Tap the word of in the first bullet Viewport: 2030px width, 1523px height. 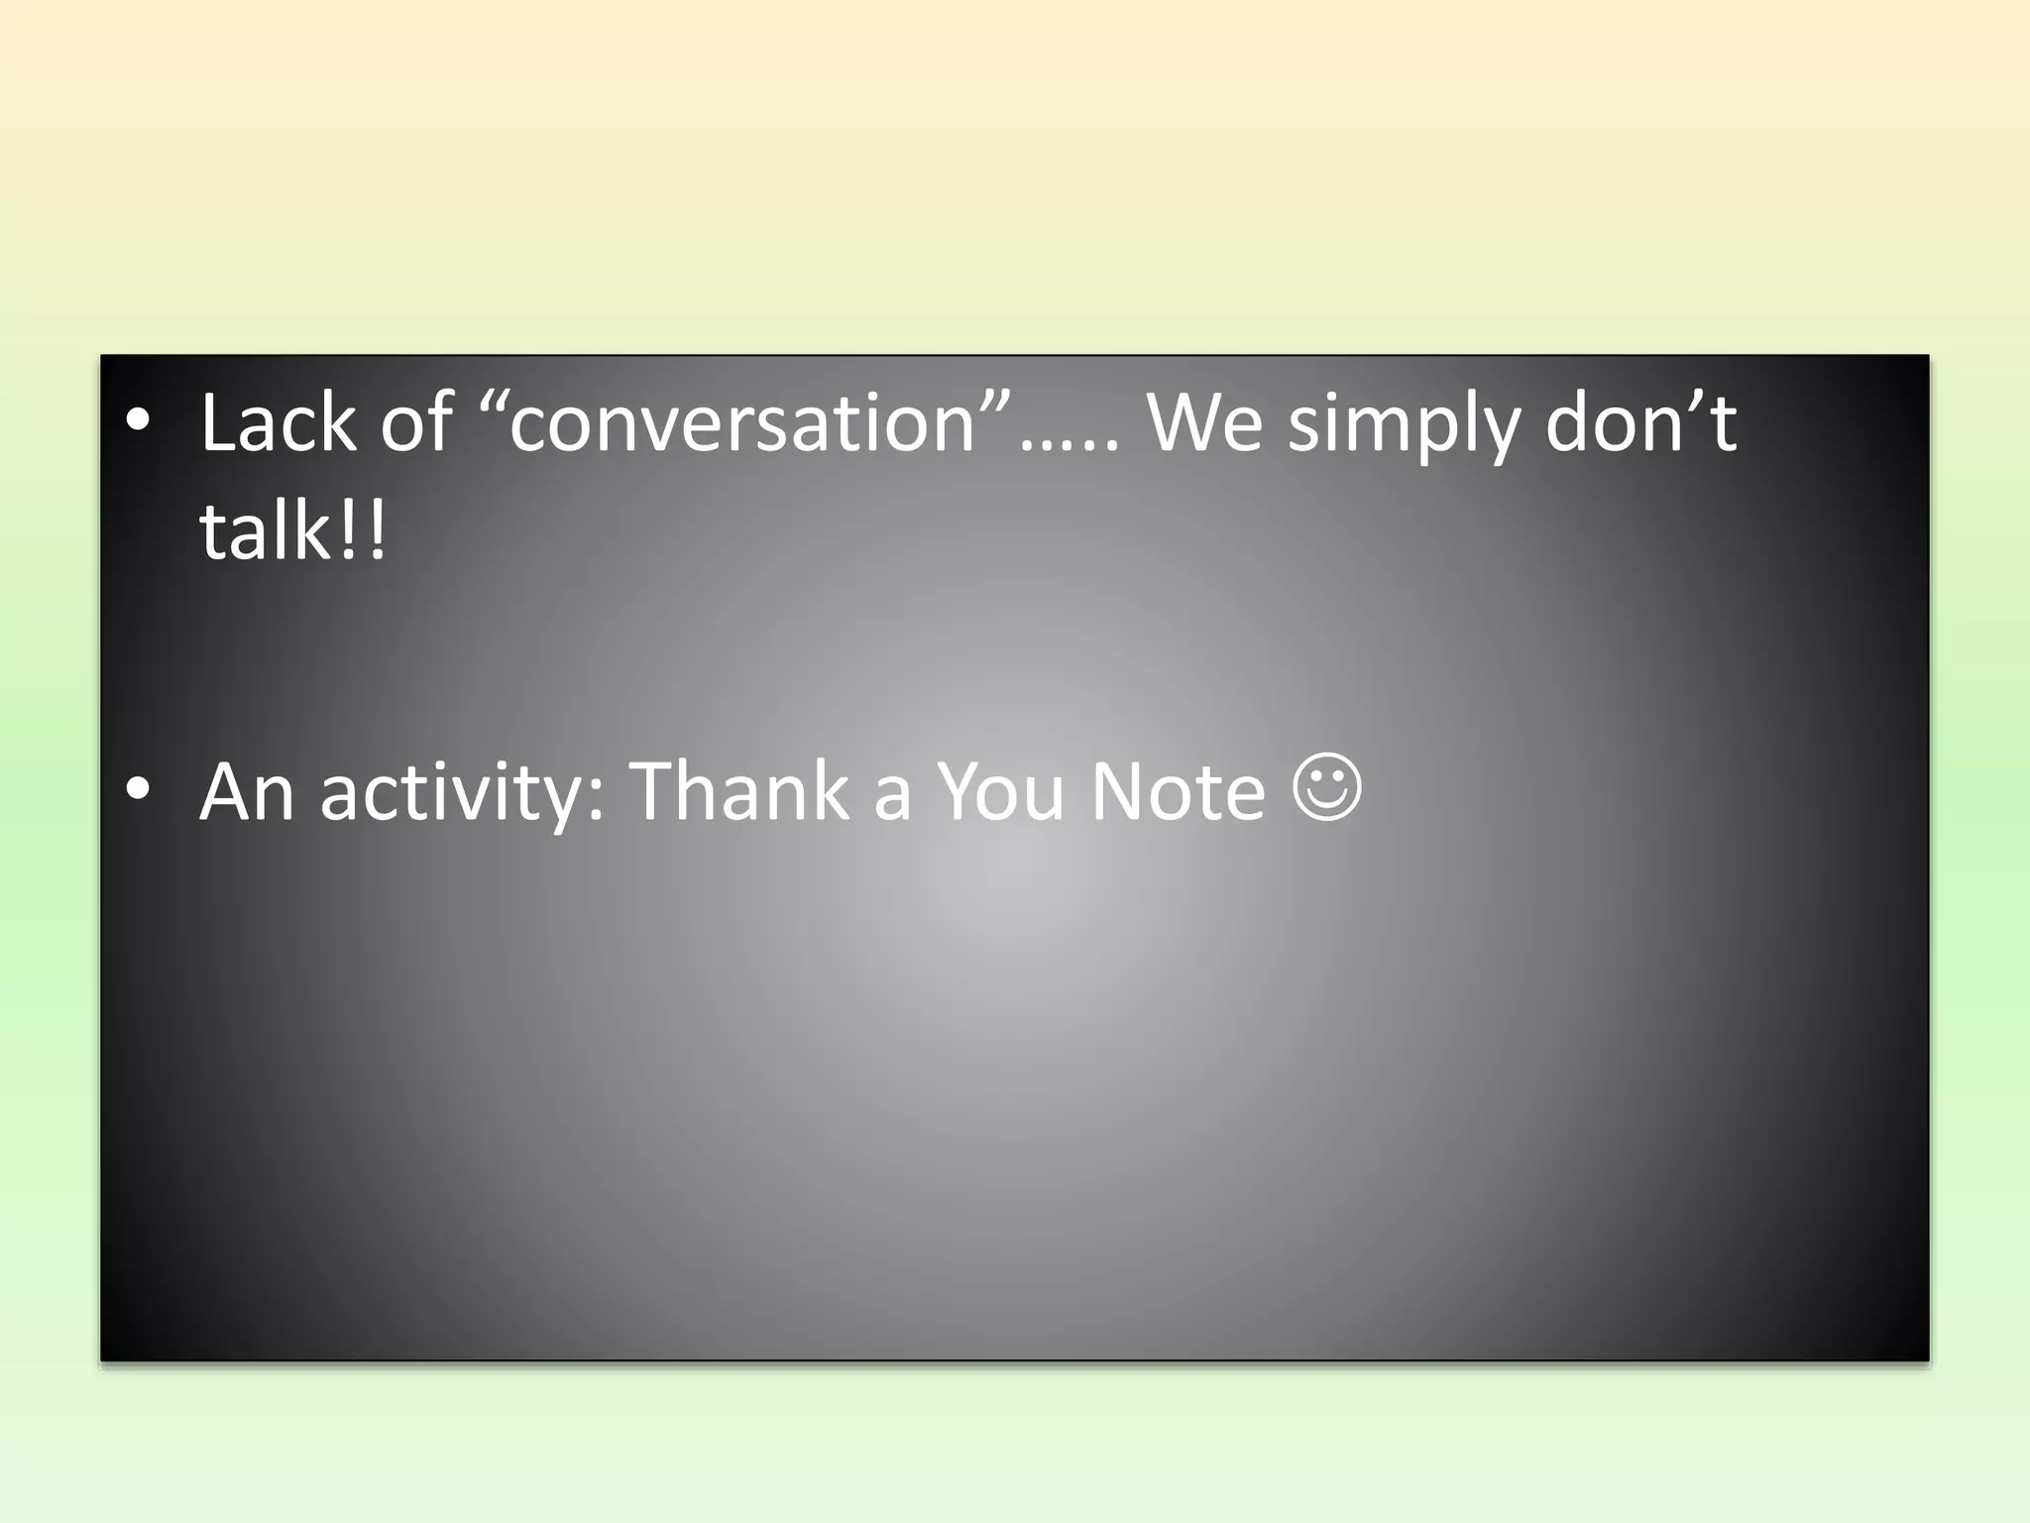[x=416, y=423]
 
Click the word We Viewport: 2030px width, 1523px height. [x=1203, y=423]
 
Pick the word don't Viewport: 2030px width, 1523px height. [x=1640, y=423]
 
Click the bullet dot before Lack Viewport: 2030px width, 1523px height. [x=139, y=421]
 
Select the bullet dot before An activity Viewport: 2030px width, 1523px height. [x=139, y=789]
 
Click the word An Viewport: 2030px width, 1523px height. [x=247, y=792]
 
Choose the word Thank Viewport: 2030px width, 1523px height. [x=739, y=792]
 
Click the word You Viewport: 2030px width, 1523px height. [x=1001, y=792]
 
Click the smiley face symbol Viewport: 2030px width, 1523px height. [x=1327, y=787]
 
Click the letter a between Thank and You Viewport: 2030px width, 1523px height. [x=891, y=798]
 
